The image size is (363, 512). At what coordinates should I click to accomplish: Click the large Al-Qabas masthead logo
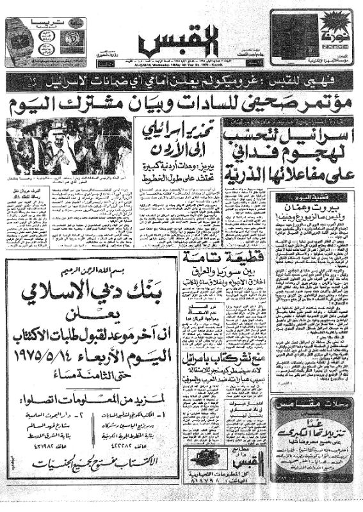pos(172,40)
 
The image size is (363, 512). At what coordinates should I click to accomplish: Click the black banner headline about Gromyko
pos(181,81)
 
